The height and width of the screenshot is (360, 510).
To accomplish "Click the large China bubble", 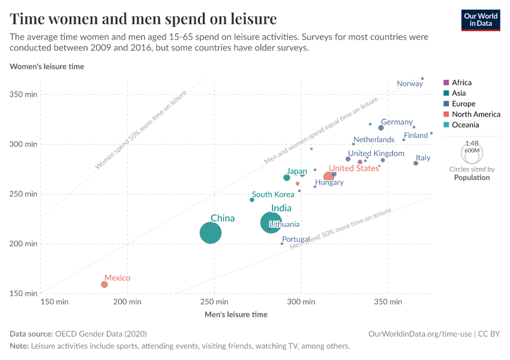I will (x=210, y=233).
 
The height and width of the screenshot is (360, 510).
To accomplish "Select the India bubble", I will (x=271, y=223).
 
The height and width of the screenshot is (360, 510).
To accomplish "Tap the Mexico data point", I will (x=104, y=284).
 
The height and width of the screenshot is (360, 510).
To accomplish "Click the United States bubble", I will (x=328, y=176).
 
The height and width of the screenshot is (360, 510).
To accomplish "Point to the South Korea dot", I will (x=252, y=200).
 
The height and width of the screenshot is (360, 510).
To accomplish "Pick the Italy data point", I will (x=416, y=163).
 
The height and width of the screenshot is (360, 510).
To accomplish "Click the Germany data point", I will (x=381, y=128).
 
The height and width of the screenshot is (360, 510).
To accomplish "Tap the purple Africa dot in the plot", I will (x=360, y=162).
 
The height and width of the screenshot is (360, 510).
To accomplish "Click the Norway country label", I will (x=410, y=84).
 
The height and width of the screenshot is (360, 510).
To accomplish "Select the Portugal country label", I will (x=296, y=239).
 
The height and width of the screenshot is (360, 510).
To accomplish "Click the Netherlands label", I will (x=374, y=140).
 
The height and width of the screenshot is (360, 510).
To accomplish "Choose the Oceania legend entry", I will (x=465, y=125).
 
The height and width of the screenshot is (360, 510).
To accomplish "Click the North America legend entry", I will (x=476, y=114).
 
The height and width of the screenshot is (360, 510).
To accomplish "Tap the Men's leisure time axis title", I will (x=236, y=314).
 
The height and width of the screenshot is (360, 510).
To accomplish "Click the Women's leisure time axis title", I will (x=47, y=67).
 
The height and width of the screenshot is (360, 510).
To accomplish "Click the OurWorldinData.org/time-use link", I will (x=420, y=334).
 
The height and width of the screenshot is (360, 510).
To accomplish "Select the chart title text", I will (x=143, y=19).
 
